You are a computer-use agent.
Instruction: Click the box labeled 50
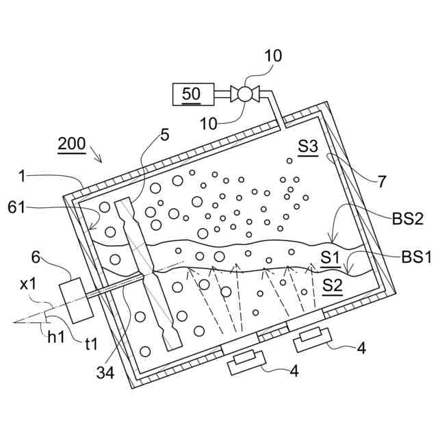tap(192, 94)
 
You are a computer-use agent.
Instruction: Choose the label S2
tap(332, 285)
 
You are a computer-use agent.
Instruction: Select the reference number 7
tap(381, 181)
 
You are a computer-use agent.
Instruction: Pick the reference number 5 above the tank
tap(164, 135)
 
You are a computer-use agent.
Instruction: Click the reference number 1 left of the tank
tap(24, 177)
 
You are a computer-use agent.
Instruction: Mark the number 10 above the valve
tap(273, 55)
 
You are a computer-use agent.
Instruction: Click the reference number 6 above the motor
tap(36, 257)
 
